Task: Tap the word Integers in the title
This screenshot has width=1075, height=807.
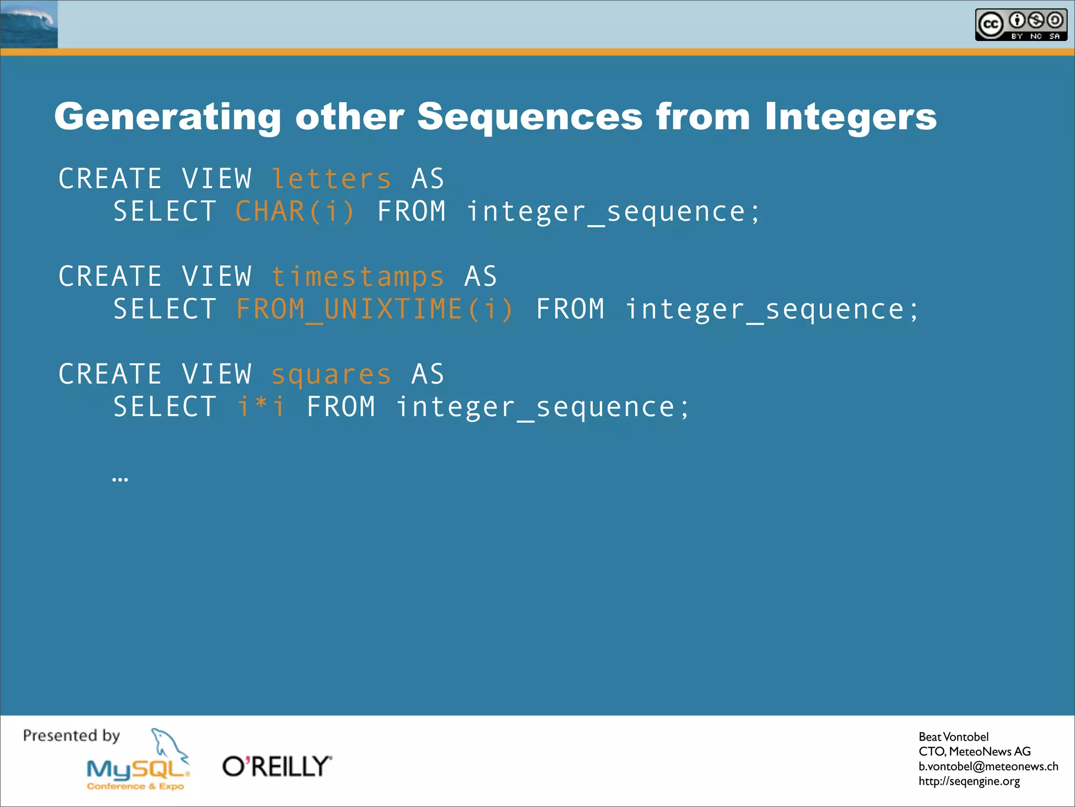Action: (x=850, y=117)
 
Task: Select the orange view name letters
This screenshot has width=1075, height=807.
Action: (x=331, y=179)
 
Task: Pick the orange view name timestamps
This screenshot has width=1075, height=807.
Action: (x=357, y=277)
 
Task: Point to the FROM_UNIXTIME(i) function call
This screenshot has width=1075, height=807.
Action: (x=374, y=309)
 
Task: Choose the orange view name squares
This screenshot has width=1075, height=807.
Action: (x=331, y=375)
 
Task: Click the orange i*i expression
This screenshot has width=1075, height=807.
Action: (x=261, y=407)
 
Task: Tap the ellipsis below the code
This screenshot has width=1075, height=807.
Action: (x=120, y=479)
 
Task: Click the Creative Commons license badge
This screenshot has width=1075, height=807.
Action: (x=1020, y=25)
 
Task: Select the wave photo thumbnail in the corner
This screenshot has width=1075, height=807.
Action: (x=29, y=24)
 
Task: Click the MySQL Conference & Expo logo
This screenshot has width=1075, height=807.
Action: (x=138, y=772)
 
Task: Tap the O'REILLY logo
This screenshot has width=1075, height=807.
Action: (x=277, y=767)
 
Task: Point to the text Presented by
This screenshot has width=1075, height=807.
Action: (x=71, y=736)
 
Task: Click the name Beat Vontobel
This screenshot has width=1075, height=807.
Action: (x=953, y=737)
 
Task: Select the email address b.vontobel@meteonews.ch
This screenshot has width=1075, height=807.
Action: (x=988, y=766)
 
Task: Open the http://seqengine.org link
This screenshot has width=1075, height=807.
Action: (x=969, y=781)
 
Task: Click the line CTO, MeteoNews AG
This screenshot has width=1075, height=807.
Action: (x=974, y=751)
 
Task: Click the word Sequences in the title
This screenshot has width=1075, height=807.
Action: (x=530, y=117)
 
